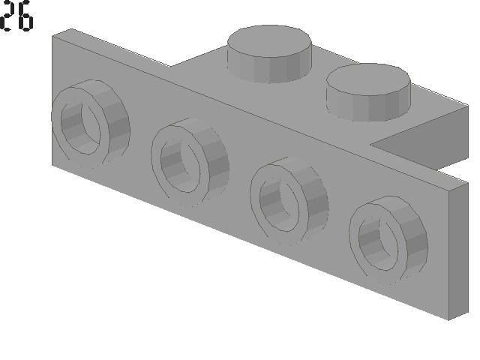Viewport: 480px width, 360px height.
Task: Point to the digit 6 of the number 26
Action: pos(25,17)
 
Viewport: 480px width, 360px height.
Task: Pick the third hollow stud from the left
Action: pos(289,198)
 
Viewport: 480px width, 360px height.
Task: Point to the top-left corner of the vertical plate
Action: pos(52,35)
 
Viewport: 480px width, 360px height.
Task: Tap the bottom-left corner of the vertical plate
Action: pos(52,163)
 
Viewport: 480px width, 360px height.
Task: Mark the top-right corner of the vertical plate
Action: pos(466,181)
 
